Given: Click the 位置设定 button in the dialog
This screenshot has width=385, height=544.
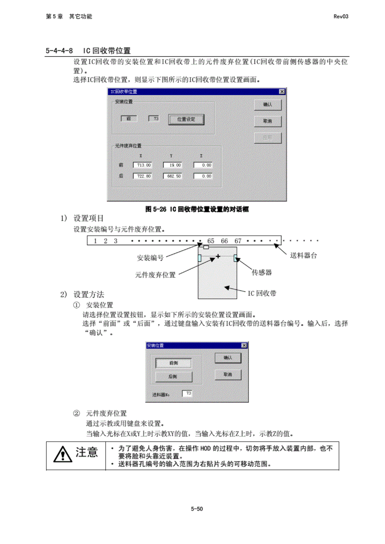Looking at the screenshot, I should click(186, 119).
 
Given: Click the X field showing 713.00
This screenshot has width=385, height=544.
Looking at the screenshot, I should click(143, 165).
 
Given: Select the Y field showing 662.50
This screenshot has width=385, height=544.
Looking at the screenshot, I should click(173, 176).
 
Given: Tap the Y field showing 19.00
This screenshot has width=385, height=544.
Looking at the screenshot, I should click(173, 165).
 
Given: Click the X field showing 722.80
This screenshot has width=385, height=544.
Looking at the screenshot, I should click(143, 176).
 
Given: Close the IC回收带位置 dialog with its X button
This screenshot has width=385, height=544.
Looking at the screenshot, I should click(282, 92).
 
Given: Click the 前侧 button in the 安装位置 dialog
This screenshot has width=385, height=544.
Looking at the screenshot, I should click(173, 363).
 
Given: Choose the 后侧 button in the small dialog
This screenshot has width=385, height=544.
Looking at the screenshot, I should click(173, 377).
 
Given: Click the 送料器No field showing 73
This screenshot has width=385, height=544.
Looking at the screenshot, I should click(187, 393).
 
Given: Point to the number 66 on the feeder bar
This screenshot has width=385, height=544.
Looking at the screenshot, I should click(224, 241).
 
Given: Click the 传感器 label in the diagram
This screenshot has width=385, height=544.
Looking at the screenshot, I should click(262, 272).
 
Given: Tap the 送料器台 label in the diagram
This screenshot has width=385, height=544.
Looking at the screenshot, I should click(303, 255).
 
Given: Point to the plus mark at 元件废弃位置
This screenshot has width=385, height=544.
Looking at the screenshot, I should click(218, 256).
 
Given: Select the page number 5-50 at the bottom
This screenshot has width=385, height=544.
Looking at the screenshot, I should click(197, 509).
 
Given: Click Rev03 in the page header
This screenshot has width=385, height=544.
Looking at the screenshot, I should click(341, 17).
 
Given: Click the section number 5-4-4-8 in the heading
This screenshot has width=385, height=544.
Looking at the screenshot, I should click(59, 51).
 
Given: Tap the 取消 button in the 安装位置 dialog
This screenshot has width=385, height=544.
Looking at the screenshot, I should click(228, 375).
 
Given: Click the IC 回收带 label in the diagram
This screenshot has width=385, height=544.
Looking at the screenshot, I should click(262, 293).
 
